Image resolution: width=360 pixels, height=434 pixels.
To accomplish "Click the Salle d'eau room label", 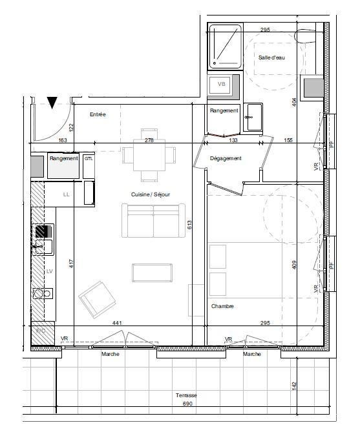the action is [x=271, y=57].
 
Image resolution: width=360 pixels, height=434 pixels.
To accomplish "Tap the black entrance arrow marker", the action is [x=52, y=103].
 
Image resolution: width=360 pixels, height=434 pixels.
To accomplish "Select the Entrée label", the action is [x=98, y=114].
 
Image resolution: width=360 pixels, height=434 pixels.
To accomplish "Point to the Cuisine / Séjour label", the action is [x=151, y=194].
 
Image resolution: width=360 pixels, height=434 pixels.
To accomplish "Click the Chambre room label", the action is [x=222, y=306].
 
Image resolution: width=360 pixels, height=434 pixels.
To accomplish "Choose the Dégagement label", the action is [x=226, y=158].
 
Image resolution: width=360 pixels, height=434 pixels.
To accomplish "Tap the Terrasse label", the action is [x=186, y=395].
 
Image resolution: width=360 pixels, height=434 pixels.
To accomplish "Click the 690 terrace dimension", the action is [x=187, y=404].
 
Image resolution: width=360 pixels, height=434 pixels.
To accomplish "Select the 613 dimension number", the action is [x=189, y=225].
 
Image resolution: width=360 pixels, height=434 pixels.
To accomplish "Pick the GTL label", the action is [x=89, y=159].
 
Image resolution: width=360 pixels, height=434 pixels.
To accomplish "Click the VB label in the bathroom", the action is [x=221, y=84].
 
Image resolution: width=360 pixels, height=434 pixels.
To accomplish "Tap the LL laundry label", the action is [x=66, y=194].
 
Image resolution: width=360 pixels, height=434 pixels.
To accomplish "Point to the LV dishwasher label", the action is [x=50, y=271].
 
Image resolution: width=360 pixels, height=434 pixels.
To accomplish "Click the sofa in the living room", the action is [x=153, y=221].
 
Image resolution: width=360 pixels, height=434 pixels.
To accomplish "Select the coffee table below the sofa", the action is [x=152, y=273].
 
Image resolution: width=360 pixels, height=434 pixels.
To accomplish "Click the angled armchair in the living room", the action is [x=97, y=299].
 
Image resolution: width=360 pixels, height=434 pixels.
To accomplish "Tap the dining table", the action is [x=149, y=155].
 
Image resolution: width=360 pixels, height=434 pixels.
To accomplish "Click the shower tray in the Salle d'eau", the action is [x=226, y=46].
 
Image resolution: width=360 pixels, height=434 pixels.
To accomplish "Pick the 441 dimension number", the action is [x=117, y=323].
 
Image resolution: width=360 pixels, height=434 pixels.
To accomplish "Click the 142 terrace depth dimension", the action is [x=294, y=386].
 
